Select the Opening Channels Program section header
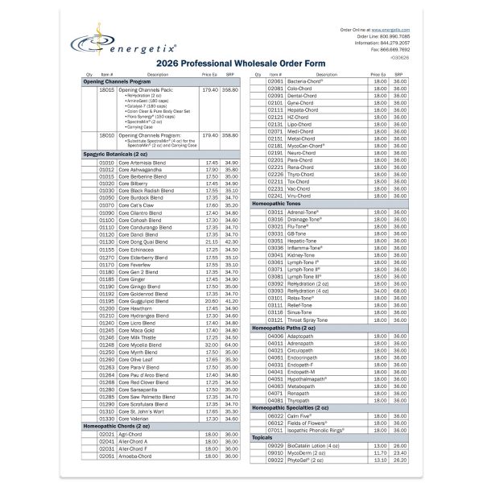[118, 82]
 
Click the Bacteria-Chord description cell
[305, 81]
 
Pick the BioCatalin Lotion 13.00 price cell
[378, 445]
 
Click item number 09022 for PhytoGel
[275, 460]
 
